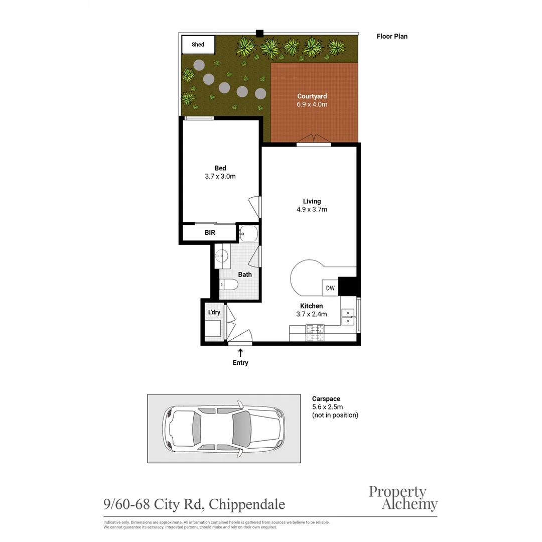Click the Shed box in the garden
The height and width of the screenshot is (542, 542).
point(198,45)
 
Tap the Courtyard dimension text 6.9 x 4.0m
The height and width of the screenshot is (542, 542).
point(312,104)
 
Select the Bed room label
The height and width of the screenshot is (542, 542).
point(220,168)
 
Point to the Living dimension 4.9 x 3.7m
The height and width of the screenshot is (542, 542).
point(312,209)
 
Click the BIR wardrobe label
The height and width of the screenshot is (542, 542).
point(210,233)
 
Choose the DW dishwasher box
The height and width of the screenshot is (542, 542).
point(330,288)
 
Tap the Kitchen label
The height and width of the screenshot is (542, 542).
point(312,306)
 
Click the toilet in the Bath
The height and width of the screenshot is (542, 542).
point(228,285)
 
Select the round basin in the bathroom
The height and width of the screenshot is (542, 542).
point(222,256)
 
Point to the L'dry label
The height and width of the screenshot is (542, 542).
point(214,312)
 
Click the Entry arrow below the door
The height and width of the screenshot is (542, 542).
point(240,353)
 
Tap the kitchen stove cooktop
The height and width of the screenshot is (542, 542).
point(315,333)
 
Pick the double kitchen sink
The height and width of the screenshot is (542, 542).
point(348,317)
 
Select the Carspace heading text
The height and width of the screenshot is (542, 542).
point(326,399)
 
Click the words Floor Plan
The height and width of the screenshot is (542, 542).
point(392,36)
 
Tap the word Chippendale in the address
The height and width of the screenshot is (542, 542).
point(247,504)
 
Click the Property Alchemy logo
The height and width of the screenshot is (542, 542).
point(403,498)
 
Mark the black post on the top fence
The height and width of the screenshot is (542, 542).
point(259,34)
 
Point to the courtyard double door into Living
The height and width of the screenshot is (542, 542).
point(314,140)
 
